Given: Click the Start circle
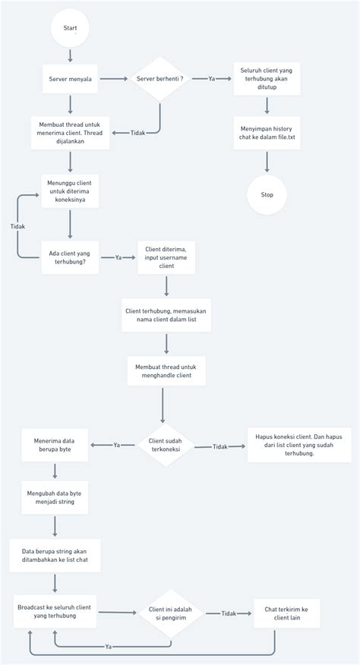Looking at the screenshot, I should (x=70, y=28).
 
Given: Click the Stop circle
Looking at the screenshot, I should (x=267, y=195).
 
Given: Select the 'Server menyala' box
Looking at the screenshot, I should (x=70, y=78).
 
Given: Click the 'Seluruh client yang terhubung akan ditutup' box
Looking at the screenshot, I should (x=267, y=78).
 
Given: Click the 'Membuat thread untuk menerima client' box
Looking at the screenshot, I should (x=70, y=134).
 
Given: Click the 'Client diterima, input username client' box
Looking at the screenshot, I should (x=166, y=257).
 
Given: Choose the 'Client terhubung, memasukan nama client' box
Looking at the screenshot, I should (x=166, y=315).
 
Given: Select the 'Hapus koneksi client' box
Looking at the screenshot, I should (x=299, y=445).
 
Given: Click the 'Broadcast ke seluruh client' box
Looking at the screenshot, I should (x=55, y=611).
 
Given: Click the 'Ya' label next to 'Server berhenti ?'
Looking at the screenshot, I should (x=212, y=78).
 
